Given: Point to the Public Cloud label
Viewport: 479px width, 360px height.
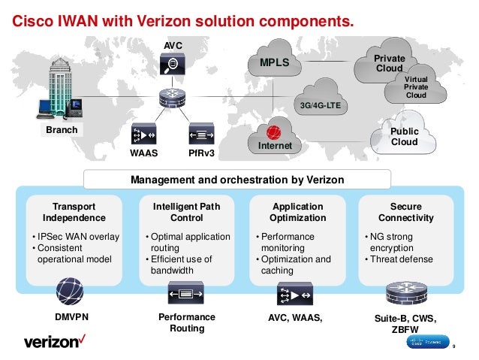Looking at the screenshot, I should tap(404, 137).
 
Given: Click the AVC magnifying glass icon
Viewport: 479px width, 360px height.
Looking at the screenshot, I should tap(173, 65).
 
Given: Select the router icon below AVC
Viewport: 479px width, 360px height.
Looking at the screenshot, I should tap(172, 97).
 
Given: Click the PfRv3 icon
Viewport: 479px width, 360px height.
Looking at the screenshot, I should tap(201, 135).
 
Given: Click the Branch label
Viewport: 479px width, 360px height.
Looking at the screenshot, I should tap(62, 130).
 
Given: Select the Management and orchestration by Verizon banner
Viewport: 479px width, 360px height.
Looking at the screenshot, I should tap(237, 180).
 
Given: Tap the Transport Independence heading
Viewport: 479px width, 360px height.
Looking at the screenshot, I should tap(74, 212).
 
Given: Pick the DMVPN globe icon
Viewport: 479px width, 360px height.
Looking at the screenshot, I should tap(70, 292).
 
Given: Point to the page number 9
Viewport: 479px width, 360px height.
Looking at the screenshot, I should tap(455, 346).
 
